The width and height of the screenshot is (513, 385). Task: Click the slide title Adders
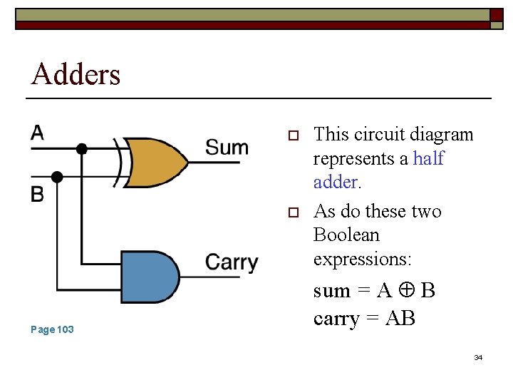pyautogui.click(x=76, y=74)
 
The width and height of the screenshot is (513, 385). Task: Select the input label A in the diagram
pyautogui.click(x=37, y=133)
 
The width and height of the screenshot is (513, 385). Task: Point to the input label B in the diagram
pyautogui.click(x=37, y=194)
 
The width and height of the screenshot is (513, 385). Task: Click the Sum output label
pyautogui.click(x=227, y=148)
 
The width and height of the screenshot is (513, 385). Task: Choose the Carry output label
pyautogui.click(x=232, y=262)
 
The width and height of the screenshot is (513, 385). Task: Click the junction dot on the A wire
pyautogui.click(x=82, y=149)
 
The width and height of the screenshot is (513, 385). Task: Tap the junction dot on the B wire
pyautogui.click(x=58, y=176)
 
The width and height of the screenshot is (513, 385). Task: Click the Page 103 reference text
pyautogui.click(x=52, y=329)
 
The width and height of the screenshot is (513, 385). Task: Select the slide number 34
pyautogui.click(x=478, y=357)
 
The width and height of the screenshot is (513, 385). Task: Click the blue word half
pyautogui.click(x=428, y=158)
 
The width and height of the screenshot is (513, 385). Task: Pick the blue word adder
pyautogui.click(x=336, y=182)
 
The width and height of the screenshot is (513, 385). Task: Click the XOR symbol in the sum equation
pyautogui.click(x=407, y=291)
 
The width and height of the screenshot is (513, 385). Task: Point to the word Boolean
pyautogui.click(x=346, y=235)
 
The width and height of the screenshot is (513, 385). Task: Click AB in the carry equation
pyautogui.click(x=400, y=318)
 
